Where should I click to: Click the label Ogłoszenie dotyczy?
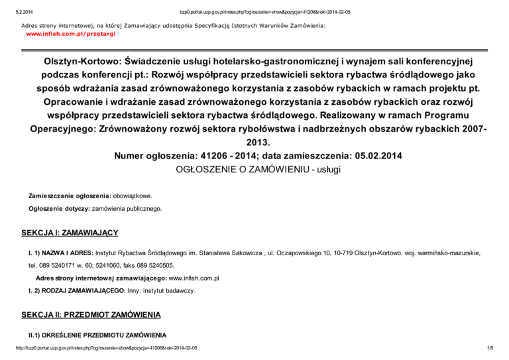click(x=58, y=209)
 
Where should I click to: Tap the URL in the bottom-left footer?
click(x=99, y=348)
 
